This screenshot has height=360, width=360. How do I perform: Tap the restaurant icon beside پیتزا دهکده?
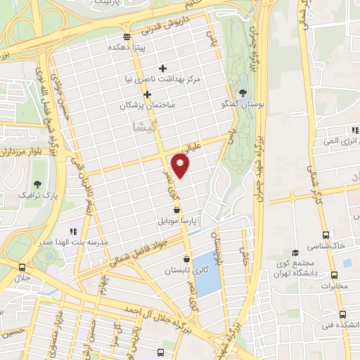(x=127, y=37)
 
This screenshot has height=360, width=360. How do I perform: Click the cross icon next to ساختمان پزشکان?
(x=147, y=94)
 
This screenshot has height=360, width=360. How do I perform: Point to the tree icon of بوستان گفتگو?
(x=243, y=93)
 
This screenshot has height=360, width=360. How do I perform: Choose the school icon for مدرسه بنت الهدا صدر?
(x=72, y=231)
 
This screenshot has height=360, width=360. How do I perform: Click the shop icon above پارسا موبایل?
(x=176, y=210)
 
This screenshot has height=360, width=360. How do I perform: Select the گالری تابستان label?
(x=186, y=270)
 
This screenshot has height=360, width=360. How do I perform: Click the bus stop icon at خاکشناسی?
(x=325, y=236)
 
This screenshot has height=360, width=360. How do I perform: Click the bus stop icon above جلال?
(x=22, y=267)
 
